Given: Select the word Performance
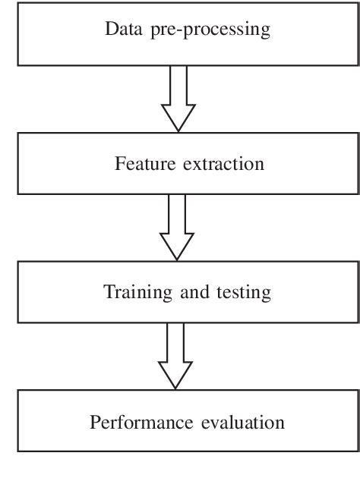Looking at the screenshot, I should [x=134, y=422].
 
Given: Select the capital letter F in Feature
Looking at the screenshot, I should [x=119, y=163].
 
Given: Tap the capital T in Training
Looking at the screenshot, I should [x=109, y=292].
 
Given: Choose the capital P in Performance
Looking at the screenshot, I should [x=95, y=422].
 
